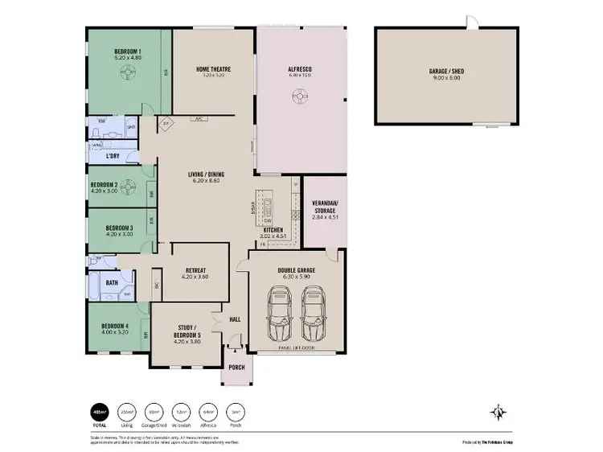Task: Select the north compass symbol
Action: click(499, 413)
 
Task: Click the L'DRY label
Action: click(113, 156)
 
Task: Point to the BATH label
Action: click(112, 282)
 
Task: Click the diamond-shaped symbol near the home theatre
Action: click(166, 124)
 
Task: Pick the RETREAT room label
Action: click(196, 270)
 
